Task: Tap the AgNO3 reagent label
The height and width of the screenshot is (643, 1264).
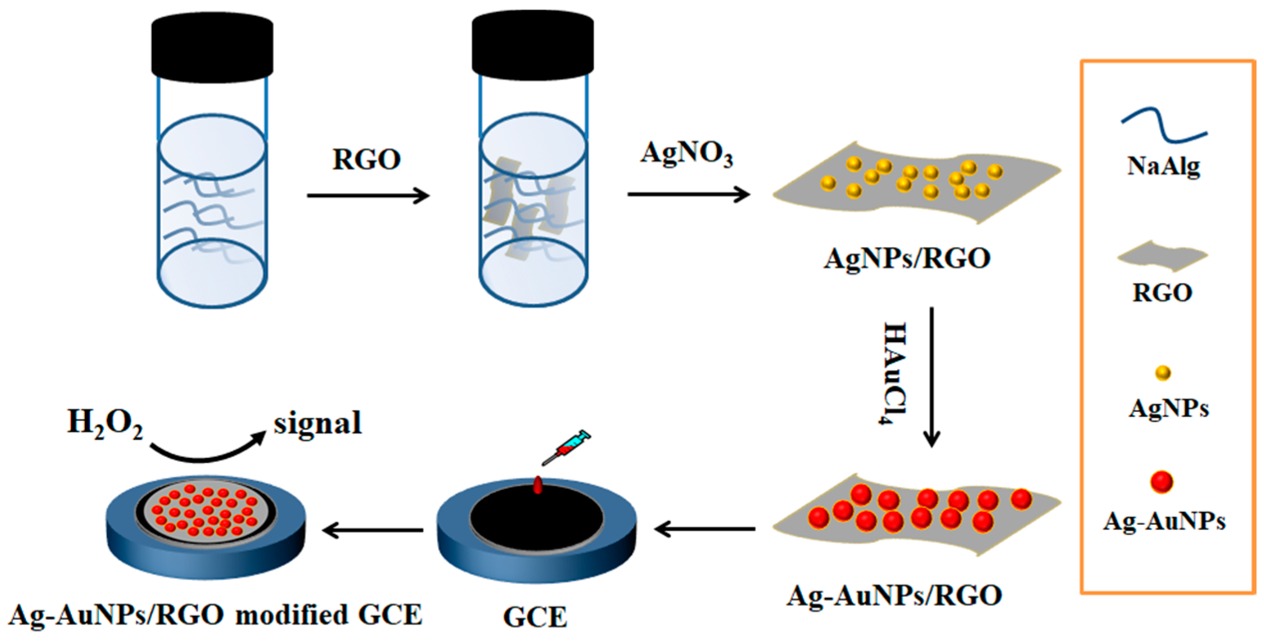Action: (686, 154)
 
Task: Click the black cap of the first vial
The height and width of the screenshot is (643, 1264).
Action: (212, 43)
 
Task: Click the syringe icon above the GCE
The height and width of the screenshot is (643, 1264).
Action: (567, 447)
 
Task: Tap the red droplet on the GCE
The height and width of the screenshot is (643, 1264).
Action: (537, 485)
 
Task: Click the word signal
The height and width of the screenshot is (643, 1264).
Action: (317, 423)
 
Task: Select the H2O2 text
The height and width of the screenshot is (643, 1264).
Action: (105, 424)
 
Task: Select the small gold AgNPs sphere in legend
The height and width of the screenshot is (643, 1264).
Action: (1163, 372)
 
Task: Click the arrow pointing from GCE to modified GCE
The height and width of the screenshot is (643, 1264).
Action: (373, 530)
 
